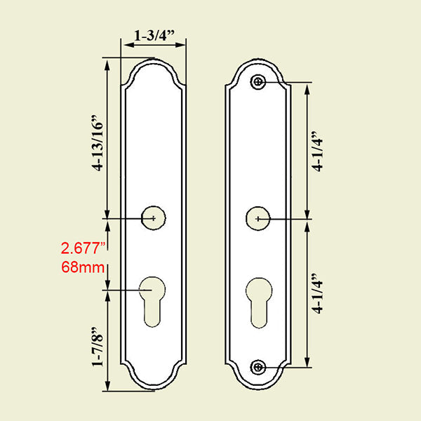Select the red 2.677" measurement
coord(83,248)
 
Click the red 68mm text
coord(83,267)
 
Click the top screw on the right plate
coord(259,83)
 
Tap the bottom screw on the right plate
coord(259,367)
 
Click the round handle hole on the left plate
coord(154,218)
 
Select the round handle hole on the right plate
coord(259,219)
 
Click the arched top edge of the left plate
coord(154,61)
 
